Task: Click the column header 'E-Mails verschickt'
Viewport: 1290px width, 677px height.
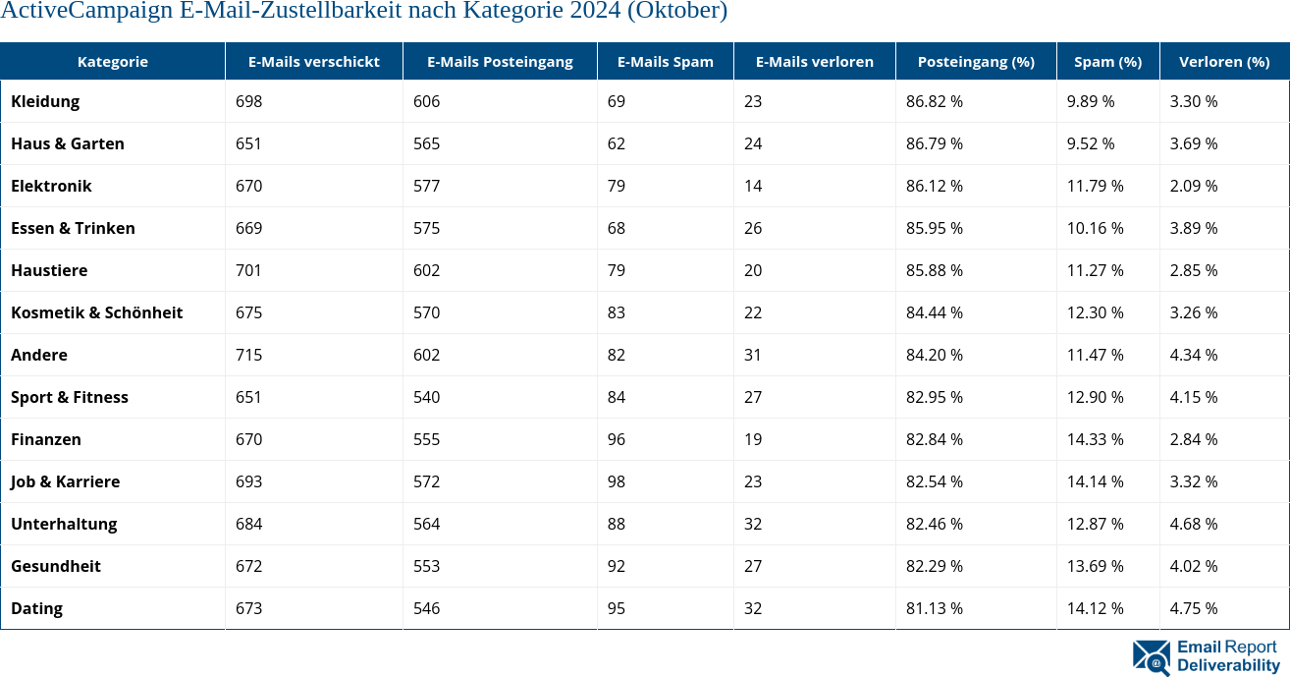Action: click(313, 61)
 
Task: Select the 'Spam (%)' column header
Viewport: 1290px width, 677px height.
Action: click(1107, 61)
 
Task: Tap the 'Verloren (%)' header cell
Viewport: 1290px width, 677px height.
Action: click(1223, 61)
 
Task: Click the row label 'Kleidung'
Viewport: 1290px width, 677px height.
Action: click(45, 101)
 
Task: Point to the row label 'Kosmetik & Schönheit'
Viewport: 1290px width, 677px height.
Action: click(96, 312)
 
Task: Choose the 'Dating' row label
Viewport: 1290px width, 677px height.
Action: click(36, 608)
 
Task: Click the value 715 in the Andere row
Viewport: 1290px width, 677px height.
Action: click(248, 355)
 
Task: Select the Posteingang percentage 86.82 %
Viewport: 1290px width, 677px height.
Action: click(934, 101)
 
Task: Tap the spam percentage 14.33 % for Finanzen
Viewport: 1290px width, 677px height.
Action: click(1095, 439)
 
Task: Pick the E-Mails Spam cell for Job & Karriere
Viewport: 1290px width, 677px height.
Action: click(617, 481)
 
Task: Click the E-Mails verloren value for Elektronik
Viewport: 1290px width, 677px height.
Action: click(753, 186)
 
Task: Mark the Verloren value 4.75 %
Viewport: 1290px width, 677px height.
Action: click(1193, 608)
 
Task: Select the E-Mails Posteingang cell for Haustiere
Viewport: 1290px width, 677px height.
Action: click(426, 270)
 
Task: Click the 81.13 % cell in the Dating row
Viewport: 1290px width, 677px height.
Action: click(934, 608)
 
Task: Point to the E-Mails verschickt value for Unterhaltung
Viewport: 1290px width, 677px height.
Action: click(248, 524)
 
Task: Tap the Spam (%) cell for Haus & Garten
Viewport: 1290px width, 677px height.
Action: click(1091, 143)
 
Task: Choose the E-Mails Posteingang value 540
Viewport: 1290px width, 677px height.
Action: click(426, 397)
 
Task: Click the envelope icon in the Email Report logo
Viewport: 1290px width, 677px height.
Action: click(1151, 656)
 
